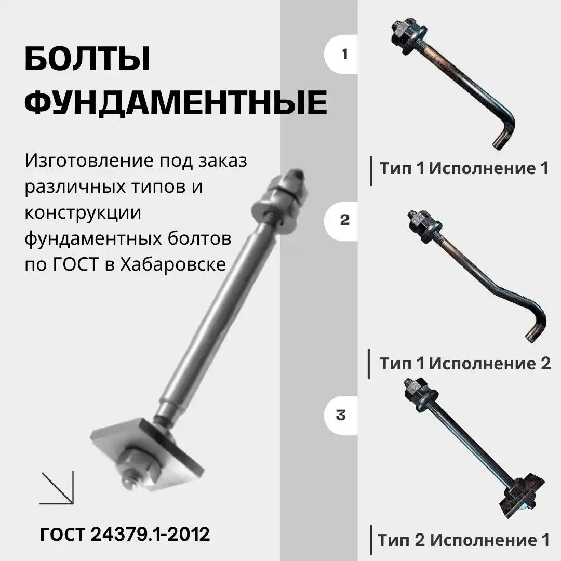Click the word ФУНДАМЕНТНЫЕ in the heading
176,103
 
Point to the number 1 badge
344,55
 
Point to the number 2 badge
344,220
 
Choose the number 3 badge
341,416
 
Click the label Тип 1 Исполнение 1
464,168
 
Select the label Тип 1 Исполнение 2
465,363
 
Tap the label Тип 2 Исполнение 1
463,540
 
